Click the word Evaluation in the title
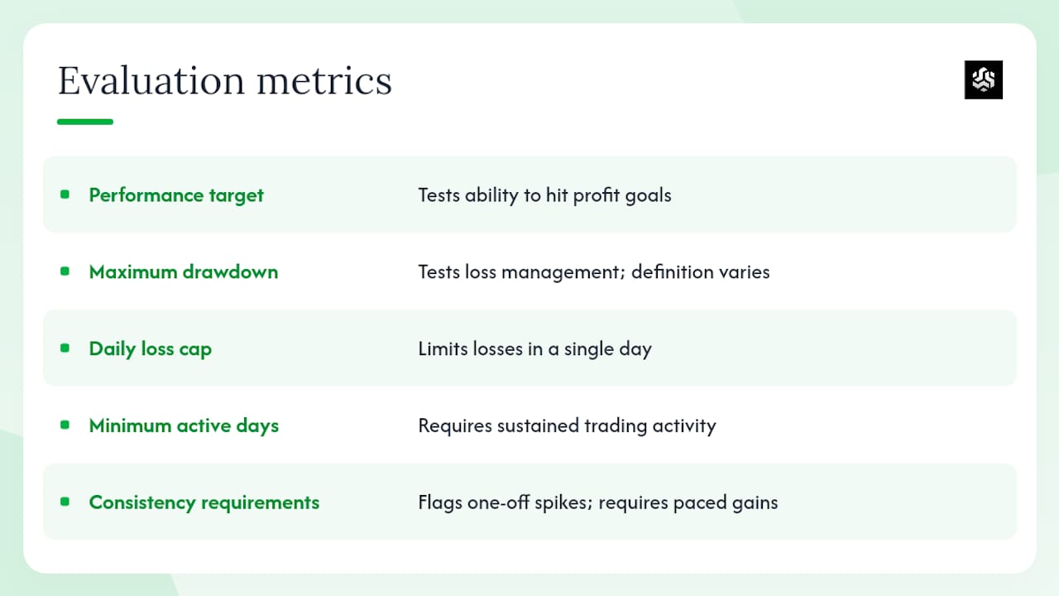click(151, 80)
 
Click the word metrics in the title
click(324, 80)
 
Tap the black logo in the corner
click(984, 79)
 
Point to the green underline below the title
click(85, 122)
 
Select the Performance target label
click(176, 195)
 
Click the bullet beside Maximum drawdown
click(65, 271)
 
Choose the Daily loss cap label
click(150, 348)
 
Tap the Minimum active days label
click(184, 425)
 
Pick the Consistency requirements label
click(204, 502)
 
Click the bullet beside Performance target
click(65, 195)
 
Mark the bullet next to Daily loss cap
click(65, 348)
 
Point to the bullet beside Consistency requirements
click(65, 502)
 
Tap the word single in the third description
click(589, 349)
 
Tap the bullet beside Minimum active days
click(65, 425)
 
